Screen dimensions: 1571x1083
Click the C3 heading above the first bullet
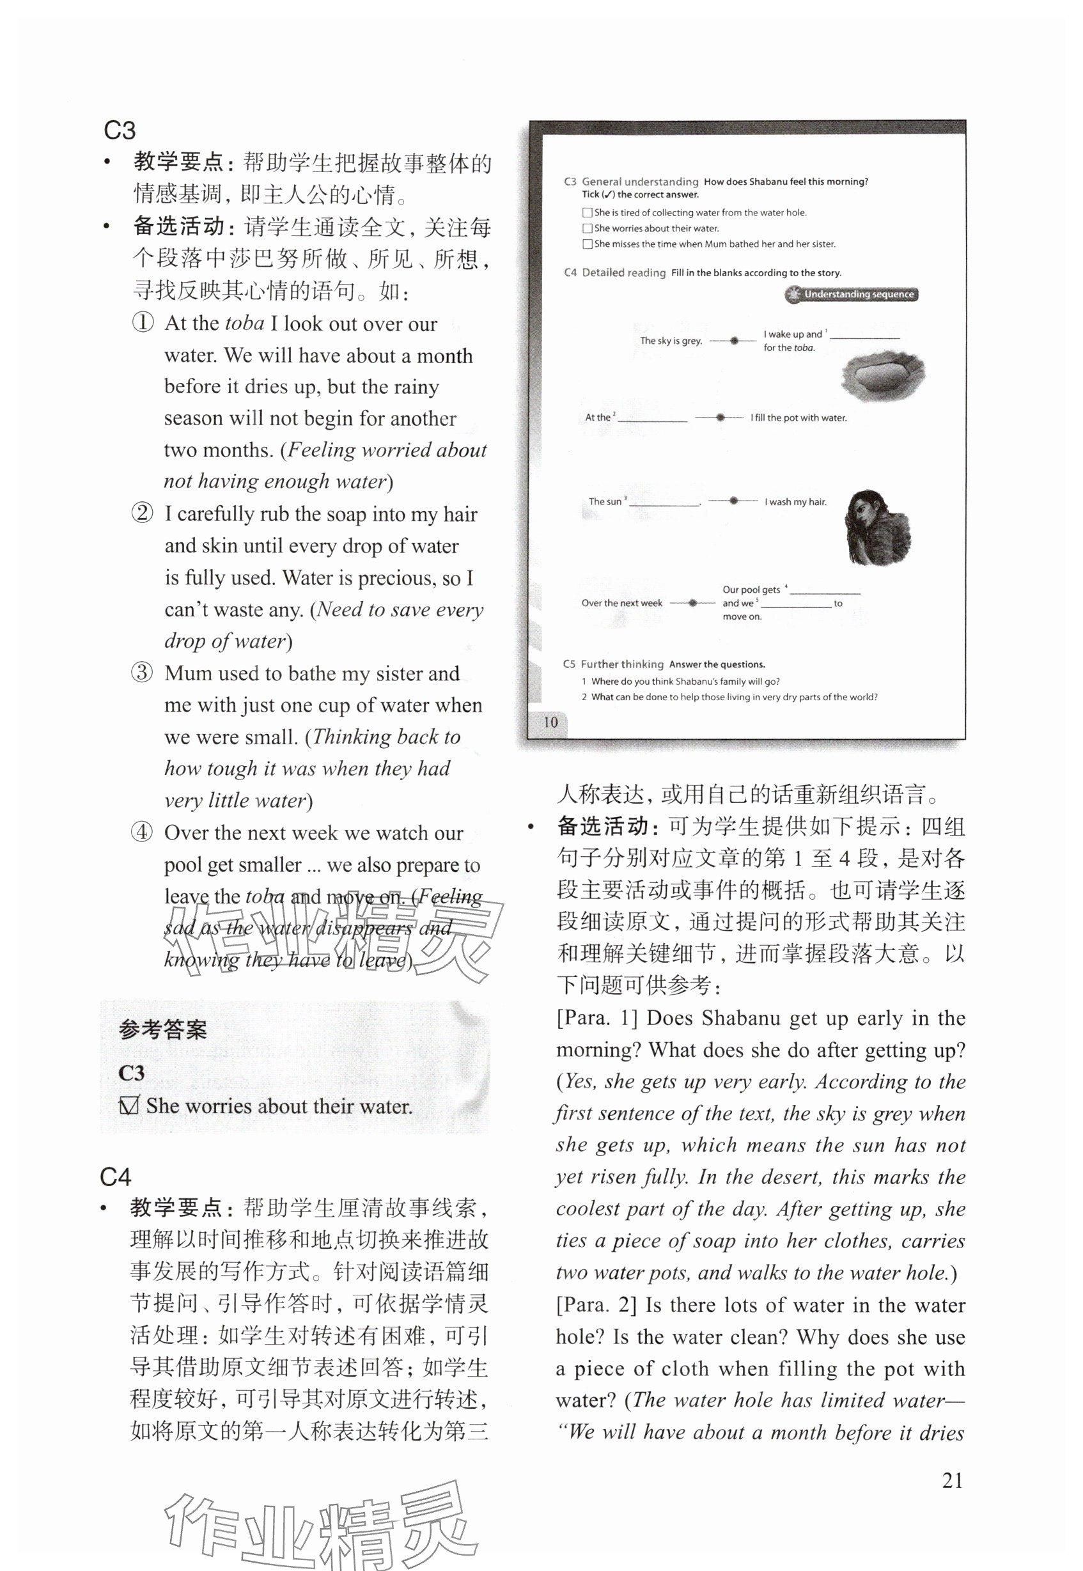pos(120,130)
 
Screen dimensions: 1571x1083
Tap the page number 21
pos(953,1480)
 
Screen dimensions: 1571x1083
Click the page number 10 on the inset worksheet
pos(550,722)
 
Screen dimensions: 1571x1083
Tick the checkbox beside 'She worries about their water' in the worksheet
pos(588,229)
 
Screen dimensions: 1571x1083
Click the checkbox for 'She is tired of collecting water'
pos(588,213)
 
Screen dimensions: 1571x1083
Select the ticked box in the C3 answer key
pos(129,1106)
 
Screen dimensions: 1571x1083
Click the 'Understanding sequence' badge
pos(852,295)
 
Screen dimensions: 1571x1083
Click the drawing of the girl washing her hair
pos(876,527)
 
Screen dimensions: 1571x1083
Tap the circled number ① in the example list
pos(143,322)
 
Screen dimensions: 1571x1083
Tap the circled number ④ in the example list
pos(143,832)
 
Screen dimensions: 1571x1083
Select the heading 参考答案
pos(163,1030)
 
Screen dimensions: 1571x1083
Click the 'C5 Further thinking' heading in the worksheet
pos(612,664)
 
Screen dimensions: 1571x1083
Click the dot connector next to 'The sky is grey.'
pos(733,341)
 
